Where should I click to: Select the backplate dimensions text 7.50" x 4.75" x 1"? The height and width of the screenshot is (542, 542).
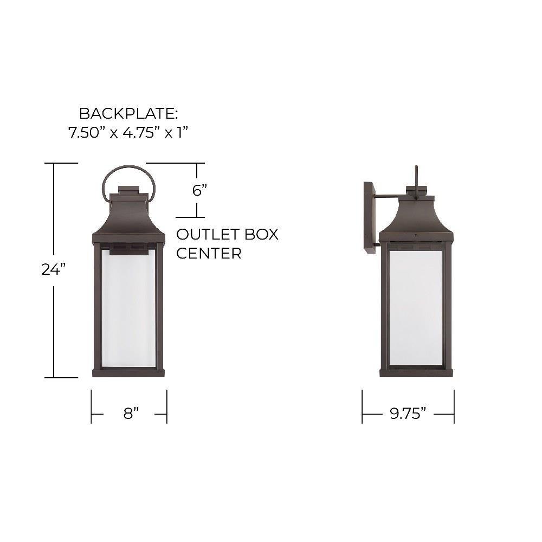point(128,132)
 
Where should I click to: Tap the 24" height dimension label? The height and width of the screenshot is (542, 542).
point(54,269)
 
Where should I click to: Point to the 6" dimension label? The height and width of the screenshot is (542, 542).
point(199,190)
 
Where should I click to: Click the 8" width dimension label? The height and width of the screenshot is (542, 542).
point(131,414)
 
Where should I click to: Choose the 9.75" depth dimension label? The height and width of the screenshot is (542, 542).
point(408,414)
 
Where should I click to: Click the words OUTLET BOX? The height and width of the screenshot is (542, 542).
point(227,234)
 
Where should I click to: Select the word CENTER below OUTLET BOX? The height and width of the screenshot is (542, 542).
point(209,253)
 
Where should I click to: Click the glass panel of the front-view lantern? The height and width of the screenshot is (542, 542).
point(128,308)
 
